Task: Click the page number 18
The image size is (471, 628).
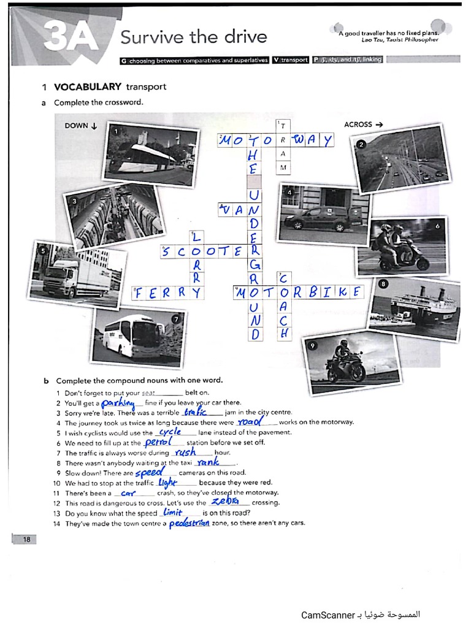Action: [x=26, y=539]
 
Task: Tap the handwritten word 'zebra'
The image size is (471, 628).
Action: [x=225, y=501]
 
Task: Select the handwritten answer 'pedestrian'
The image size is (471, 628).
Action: [x=189, y=523]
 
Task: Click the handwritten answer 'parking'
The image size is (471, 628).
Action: [x=118, y=403]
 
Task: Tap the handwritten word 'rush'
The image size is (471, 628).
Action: [x=185, y=452]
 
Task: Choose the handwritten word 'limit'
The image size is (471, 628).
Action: [x=173, y=512]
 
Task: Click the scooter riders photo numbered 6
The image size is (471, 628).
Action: [x=402, y=247]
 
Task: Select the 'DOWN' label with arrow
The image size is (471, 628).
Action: [x=81, y=126]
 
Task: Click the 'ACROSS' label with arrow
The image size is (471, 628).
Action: [x=363, y=124]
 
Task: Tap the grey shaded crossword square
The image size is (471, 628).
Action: [x=254, y=182]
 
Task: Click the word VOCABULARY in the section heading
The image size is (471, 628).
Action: [x=87, y=87]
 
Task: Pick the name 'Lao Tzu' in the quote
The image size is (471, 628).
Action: [x=373, y=40]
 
